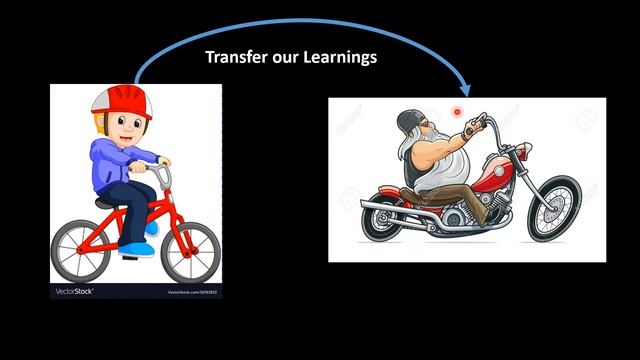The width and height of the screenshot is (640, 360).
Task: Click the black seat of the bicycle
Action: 104,202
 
